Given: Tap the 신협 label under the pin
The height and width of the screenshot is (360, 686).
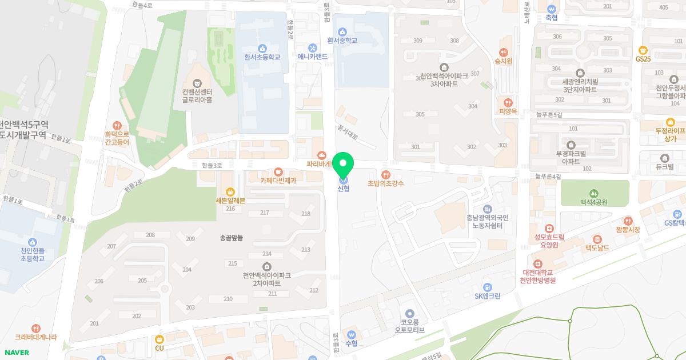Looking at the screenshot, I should point(343,189).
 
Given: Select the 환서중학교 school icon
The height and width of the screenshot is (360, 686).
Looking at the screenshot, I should point(342,31).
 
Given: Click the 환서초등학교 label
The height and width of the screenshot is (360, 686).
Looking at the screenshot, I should point(262,57).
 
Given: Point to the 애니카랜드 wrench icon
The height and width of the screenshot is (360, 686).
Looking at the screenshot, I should point(313,47).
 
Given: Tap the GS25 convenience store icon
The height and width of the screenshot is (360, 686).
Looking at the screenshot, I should point(643,50).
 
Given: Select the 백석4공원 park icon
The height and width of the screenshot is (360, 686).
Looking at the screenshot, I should point(594,193).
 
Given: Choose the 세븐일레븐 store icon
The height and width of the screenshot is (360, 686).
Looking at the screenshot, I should point(230,192).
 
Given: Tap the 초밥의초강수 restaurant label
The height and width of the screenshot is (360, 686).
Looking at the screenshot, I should point(386,183).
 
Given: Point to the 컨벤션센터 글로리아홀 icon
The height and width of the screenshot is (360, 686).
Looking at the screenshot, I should point(197,83).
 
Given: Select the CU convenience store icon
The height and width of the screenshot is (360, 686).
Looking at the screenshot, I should point(159,339).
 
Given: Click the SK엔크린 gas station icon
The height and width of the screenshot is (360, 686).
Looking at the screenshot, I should point(487,287).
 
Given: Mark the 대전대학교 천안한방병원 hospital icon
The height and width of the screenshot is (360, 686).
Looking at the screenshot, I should point(537,263).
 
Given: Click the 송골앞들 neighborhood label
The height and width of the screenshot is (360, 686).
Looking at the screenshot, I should point(231,237).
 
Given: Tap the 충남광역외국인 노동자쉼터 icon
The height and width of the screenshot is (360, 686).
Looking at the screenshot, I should point(487,209).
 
